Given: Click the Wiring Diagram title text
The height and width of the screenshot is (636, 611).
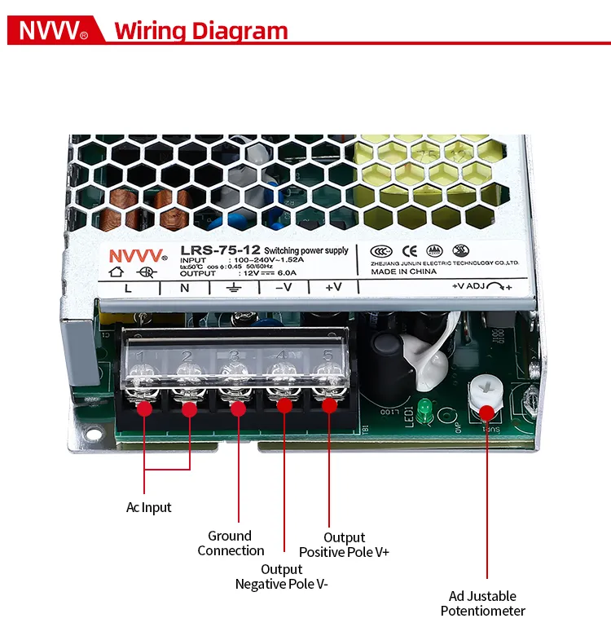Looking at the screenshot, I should click(x=200, y=31).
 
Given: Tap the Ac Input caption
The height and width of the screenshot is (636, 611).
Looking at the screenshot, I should click(x=149, y=507).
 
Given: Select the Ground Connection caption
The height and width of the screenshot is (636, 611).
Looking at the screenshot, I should click(x=231, y=543).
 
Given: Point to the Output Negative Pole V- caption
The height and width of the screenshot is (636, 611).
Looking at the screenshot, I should click(x=282, y=576).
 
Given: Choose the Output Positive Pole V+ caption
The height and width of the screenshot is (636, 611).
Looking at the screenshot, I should click(x=344, y=545).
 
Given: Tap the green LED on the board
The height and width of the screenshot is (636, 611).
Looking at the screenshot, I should click(x=424, y=406).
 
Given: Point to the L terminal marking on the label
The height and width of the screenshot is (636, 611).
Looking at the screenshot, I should click(x=128, y=288).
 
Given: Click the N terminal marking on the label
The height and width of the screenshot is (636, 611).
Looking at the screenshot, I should click(x=184, y=288).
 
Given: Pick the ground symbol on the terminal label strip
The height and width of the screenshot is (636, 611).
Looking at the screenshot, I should click(x=233, y=288).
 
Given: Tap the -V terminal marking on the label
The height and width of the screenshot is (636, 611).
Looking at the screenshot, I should click(x=283, y=288).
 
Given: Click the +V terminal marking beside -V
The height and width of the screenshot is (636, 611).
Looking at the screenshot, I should click(x=333, y=288).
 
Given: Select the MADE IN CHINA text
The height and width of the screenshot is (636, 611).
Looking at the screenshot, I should click(x=403, y=272).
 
